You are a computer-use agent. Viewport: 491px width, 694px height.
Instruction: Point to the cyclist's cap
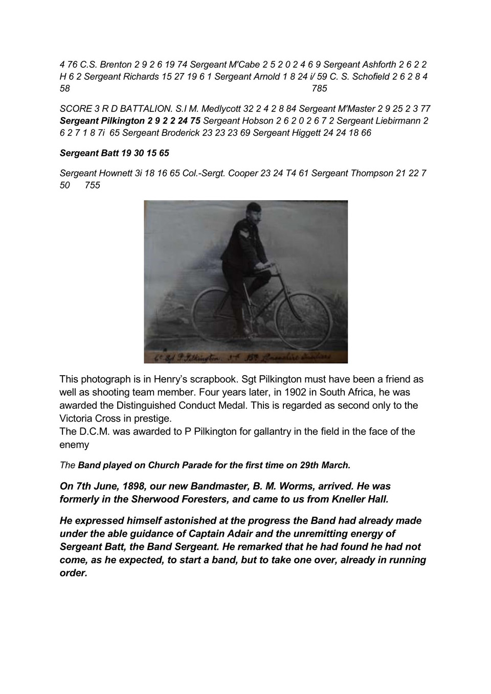click(x=254, y=206)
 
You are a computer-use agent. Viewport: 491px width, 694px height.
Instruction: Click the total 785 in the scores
click(x=319, y=88)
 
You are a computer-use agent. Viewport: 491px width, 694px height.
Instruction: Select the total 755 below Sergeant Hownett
click(x=93, y=186)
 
